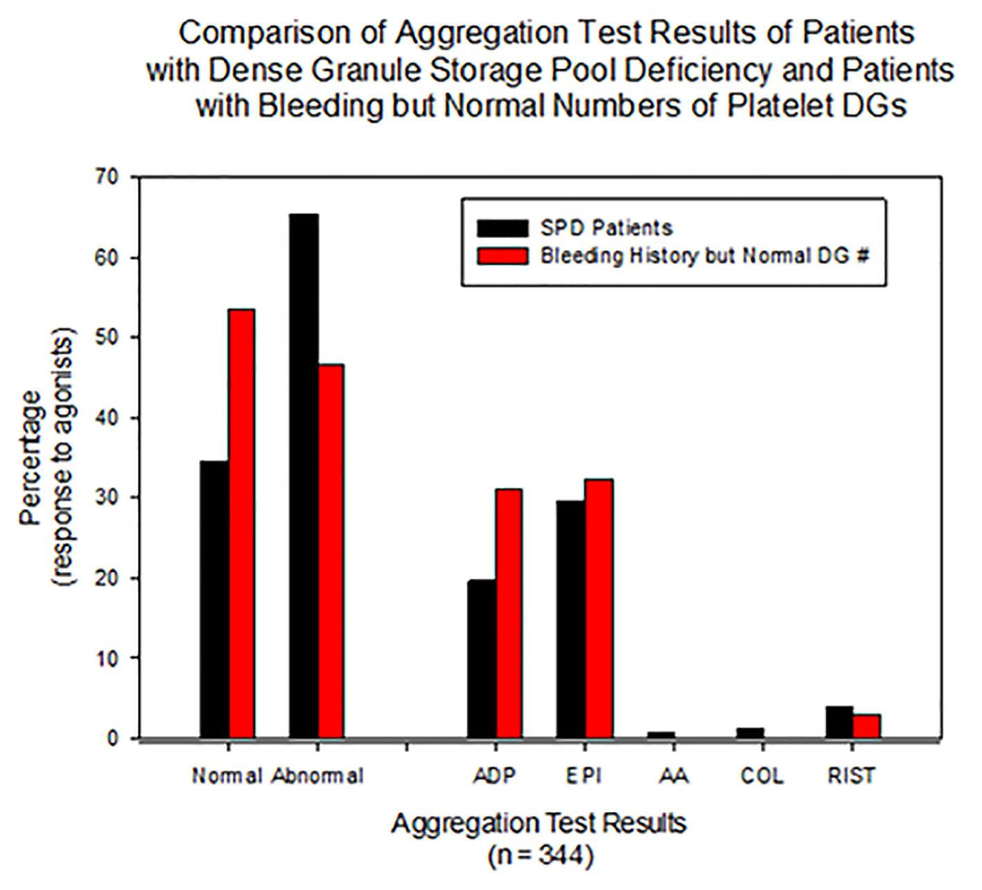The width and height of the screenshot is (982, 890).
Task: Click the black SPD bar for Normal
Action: click(x=215, y=600)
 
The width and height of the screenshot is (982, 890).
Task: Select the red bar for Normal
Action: click(x=242, y=523)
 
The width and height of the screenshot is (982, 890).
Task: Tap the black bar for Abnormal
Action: click(x=304, y=476)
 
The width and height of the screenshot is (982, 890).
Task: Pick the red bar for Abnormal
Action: click(x=331, y=551)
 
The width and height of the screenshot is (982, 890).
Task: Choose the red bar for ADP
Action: click(x=509, y=613)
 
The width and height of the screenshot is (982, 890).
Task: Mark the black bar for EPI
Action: click(x=571, y=620)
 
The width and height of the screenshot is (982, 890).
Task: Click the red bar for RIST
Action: click(x=867, y=726)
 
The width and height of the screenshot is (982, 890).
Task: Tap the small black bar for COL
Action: click(x=750, y=733)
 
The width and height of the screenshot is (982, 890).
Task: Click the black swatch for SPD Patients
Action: click(x=502, y=228)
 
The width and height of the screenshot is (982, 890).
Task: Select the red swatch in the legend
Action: click(x=502, y=256)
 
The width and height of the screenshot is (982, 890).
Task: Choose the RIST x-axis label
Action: click(x=851, y=776)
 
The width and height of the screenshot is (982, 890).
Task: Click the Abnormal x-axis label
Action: click(x=318, y=776)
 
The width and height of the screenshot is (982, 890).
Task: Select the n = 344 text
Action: click(x=540, y=855)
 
